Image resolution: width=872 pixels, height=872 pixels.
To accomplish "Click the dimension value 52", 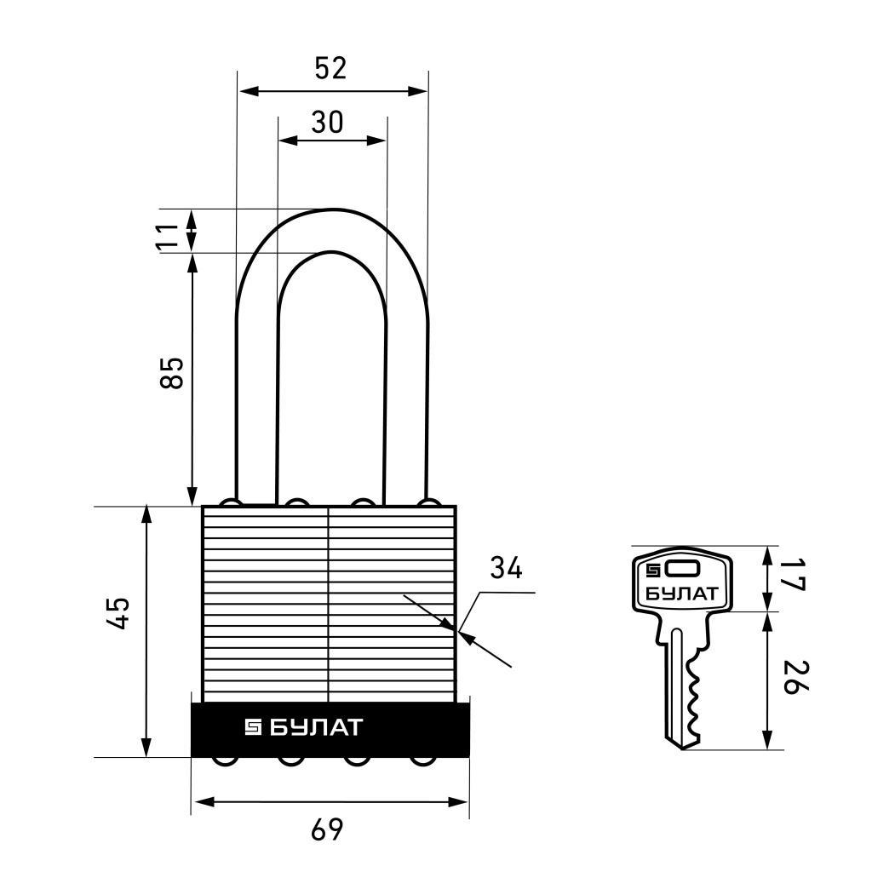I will tap(331, 68).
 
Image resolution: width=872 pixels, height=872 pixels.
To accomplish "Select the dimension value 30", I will tap(327, 123).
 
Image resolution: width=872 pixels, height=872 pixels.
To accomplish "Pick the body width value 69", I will tap(327, 830).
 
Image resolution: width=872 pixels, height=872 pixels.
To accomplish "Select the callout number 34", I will tap(507, 568).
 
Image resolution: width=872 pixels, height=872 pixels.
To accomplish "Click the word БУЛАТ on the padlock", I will tap(316, 728).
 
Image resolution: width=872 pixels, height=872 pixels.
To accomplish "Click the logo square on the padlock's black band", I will tap(254, 728).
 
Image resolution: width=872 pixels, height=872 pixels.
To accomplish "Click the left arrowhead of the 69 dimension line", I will tap(198, 802).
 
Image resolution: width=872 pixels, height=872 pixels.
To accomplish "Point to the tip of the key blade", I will tap(683, 747).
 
